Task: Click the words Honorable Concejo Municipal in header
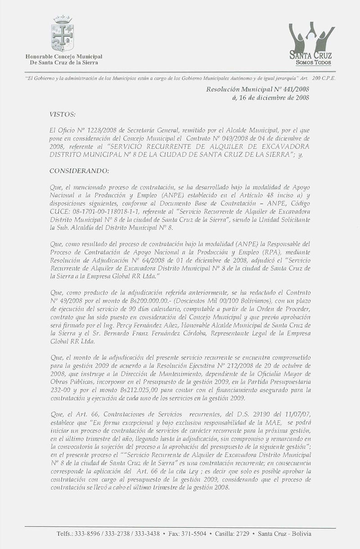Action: [x=64, y=56]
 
